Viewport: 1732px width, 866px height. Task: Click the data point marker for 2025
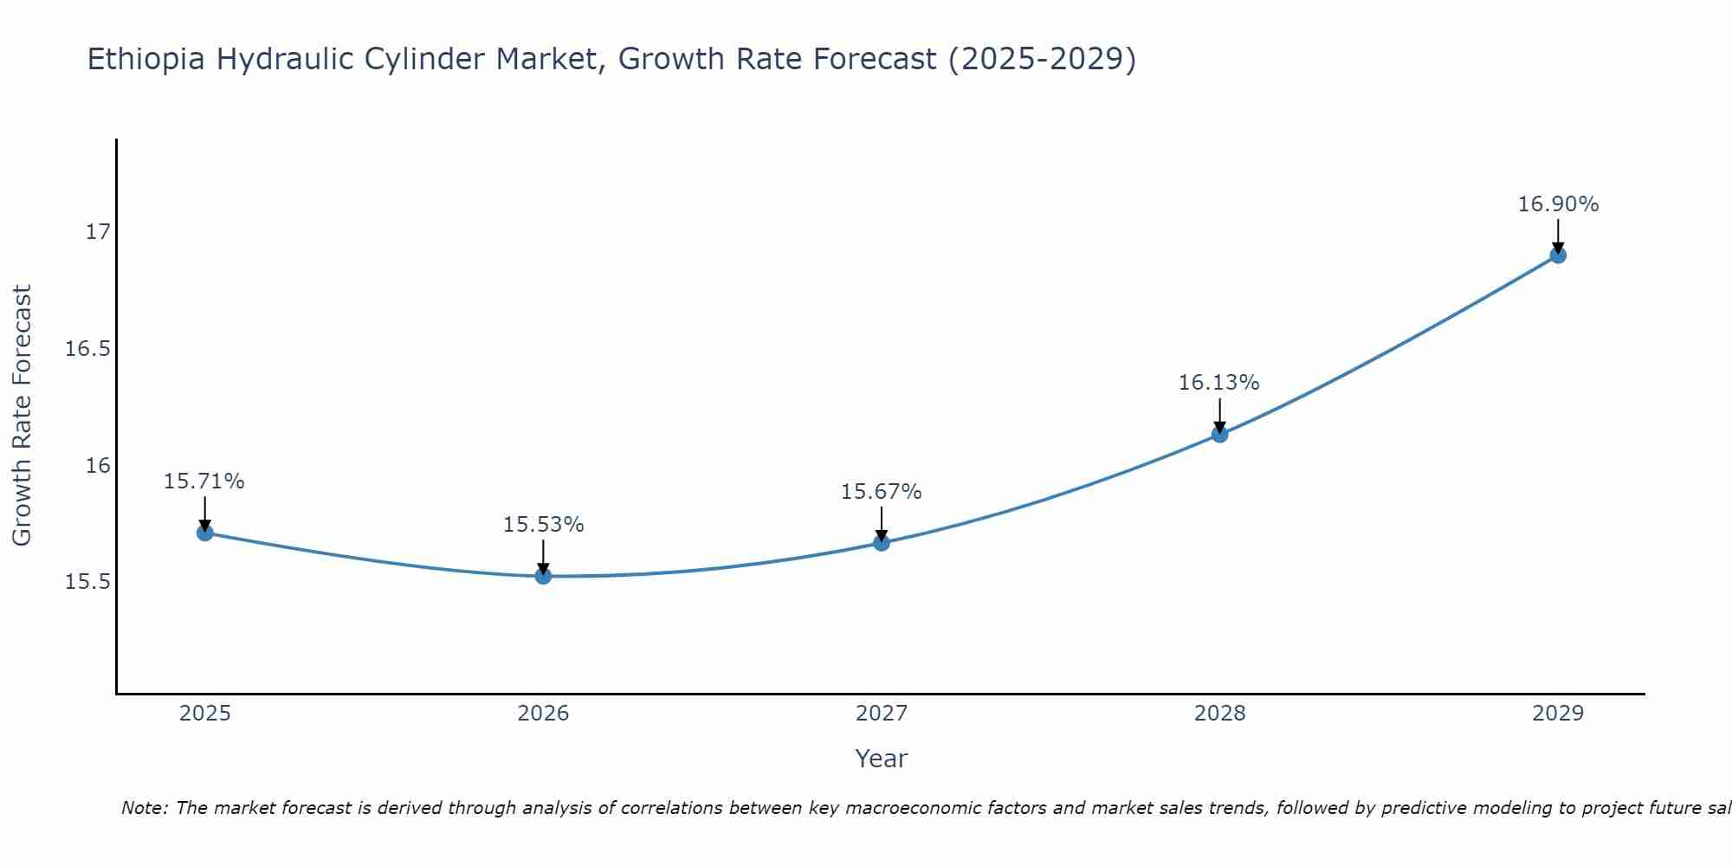[205, 533]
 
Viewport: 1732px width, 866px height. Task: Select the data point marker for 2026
[543, 576]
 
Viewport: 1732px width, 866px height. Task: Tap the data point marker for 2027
[882, 543]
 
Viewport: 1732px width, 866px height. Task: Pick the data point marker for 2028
[1219, 434]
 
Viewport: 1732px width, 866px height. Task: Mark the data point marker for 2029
[1558, 255]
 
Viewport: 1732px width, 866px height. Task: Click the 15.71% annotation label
[204, 481]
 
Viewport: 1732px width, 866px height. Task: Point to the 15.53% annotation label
[543, 525]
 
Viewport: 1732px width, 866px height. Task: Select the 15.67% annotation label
[881, 492]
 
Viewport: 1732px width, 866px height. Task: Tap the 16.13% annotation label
[1218, 383]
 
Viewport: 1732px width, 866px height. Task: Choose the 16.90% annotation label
[1558, 204]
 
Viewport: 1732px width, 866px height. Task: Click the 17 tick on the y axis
[98, 232]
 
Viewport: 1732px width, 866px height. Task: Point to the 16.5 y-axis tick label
[88, 349]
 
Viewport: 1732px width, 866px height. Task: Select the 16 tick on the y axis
[98, 465]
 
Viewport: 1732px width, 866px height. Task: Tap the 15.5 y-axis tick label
[88, 582]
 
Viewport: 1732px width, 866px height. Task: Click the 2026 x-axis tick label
[543, 714]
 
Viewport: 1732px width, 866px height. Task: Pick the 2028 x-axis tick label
[1219, 714]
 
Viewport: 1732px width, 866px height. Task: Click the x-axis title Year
[881, 759]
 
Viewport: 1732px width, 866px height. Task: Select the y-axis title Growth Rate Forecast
[23, 416]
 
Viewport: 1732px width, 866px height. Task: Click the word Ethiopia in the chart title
[146, 60]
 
